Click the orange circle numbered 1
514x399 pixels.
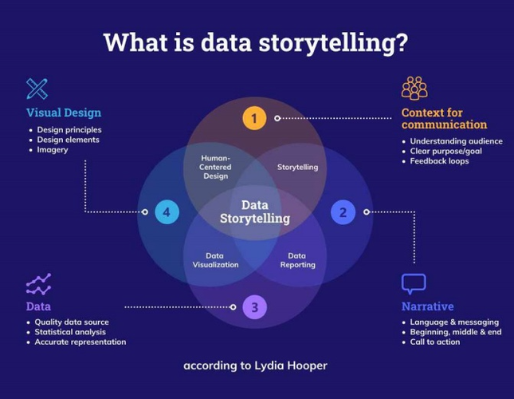click(253, 119)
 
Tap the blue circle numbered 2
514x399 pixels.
click(343, 212)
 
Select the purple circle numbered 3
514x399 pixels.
click(254, 306)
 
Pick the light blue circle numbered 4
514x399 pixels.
click(167, 212)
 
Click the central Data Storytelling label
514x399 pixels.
click(255, 211)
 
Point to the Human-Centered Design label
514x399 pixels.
click(215, 167)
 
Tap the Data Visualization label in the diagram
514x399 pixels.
click(215, 260)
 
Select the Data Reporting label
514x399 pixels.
click(297, 260)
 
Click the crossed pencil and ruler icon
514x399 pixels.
click(37, 88)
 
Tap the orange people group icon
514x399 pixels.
click(414, 88)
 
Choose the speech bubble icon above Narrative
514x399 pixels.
click(414, 283)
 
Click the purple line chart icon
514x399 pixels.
click(38, 284)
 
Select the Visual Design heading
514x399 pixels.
click(64, 113)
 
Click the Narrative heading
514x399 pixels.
click(428, 306)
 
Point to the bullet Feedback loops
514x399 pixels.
click(439, 161)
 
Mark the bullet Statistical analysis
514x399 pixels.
click(70, 332)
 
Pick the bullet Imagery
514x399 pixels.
click(53, 150)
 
